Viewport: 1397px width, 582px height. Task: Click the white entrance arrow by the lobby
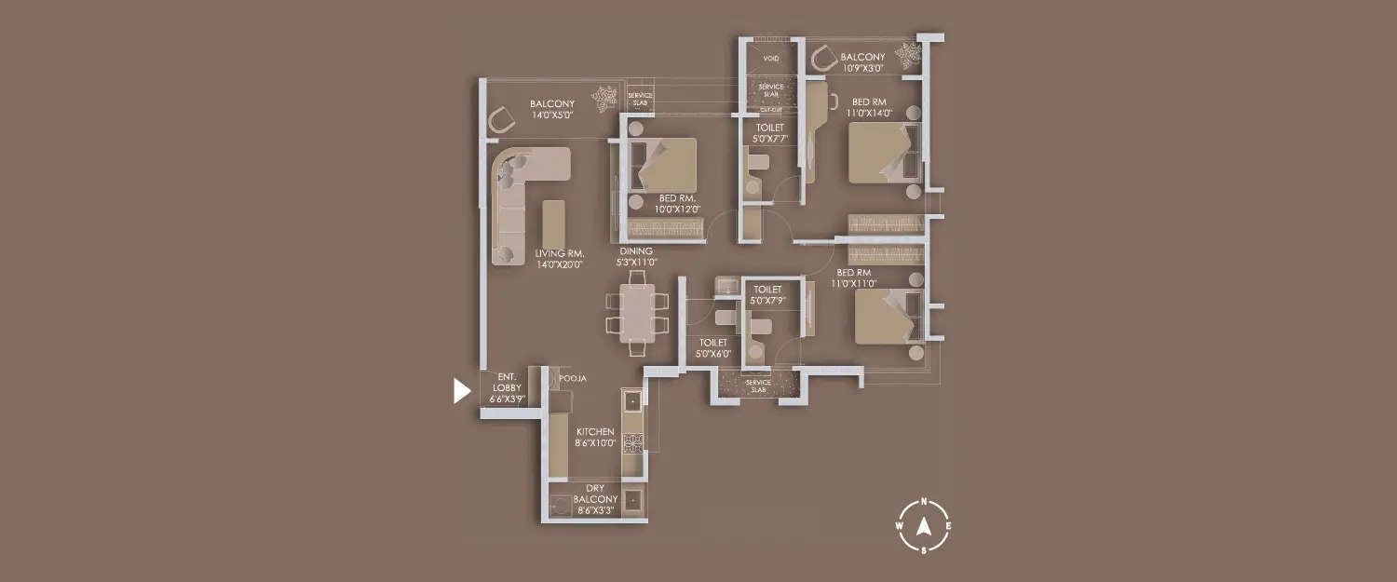tap(461, 391)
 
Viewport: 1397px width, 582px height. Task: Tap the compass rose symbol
tap(923, 526)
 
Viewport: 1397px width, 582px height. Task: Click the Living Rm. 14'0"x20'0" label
tap(559, 258)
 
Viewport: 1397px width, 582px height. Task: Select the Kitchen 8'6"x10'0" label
tap(595, 438)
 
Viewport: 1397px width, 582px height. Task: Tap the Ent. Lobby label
tap(502, 387)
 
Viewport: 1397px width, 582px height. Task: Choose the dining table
tap(637, 312)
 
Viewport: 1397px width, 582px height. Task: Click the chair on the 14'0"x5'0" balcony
tap(501, 119)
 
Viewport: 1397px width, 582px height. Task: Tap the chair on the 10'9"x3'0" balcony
tap(824, 60)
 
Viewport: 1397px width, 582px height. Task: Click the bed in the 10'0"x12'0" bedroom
tap(664, 166)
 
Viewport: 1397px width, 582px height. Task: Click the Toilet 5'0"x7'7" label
tap(769, 133)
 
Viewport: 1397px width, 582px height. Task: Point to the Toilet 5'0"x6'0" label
tap(712, 348)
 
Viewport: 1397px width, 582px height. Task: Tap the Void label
tap(770, 59)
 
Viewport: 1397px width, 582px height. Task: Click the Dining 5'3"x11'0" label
tap(636, 257)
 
